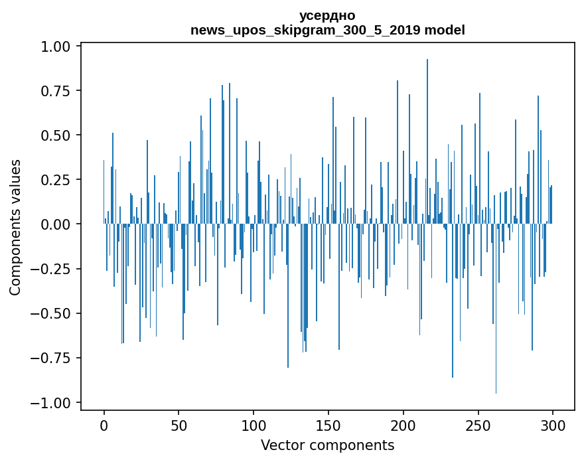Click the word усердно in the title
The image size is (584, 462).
tap(327, 16)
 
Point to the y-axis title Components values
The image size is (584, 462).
tap(15, 227)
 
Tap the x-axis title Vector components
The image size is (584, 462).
tap(327, 445)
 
